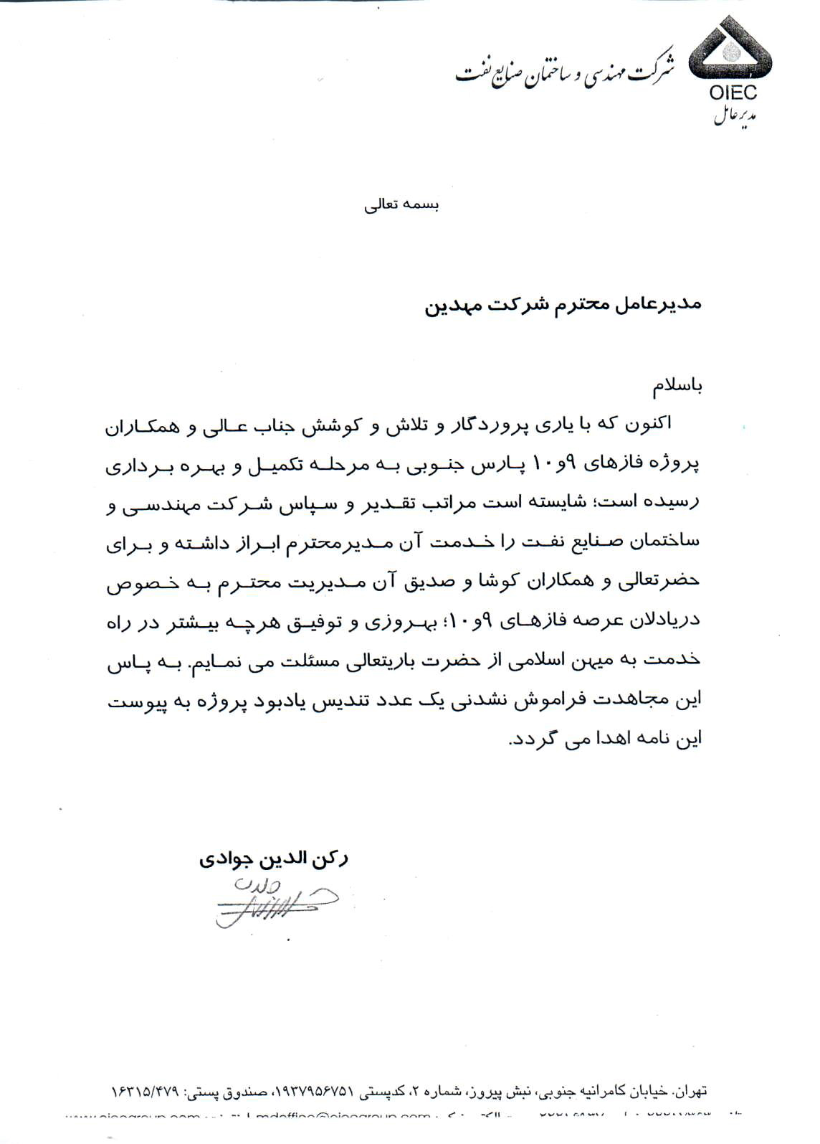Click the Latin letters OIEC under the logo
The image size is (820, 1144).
click(x=733, y=93)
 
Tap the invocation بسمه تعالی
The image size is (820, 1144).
click(x=401, y=205)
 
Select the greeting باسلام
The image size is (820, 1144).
click(x=677, y=387)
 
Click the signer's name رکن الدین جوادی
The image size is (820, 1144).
click(x=274, y=859)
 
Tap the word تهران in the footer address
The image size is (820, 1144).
click(x=690, y=1092)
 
